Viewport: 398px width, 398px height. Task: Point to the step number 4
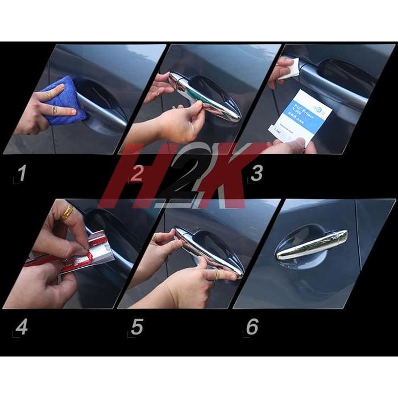(x=21, y=327)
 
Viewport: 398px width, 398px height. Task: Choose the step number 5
(x=136, y=327)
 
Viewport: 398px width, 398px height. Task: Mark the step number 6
(x=252, y=327)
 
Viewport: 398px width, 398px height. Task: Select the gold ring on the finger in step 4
(x=67, y=213)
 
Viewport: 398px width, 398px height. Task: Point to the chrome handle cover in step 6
(x=312, y=245)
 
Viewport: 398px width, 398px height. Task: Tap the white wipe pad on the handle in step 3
(x=292, y=71)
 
